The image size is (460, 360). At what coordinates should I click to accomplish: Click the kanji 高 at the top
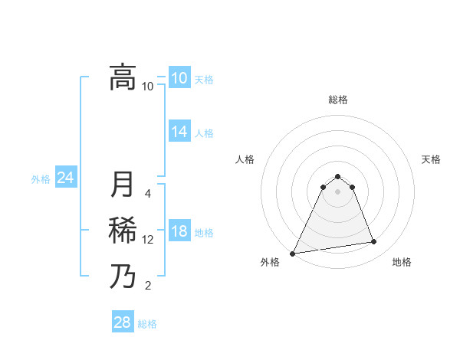(x=123, y=77)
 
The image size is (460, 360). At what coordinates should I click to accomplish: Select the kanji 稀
(x=123, y=231)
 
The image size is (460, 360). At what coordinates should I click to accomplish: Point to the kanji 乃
(x=123, y=277)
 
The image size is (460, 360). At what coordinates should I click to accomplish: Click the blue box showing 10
(x=179, y=78)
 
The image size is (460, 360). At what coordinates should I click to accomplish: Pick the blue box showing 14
(x=179, y=132)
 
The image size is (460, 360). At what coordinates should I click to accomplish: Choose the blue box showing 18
(x=179, y=232)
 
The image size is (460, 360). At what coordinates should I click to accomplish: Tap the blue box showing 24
(x=65, y=178)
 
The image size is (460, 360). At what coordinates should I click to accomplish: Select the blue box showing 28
(x=122, y=322)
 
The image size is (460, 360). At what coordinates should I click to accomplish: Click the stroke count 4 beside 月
(x=148, y=193)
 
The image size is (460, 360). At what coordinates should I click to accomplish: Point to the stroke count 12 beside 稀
(x=148, y=240)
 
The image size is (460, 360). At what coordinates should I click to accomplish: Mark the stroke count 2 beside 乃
(x=148, y=286)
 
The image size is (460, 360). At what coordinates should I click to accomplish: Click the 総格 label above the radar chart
(x=337, y=100)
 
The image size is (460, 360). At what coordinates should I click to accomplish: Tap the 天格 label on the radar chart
(x=432, y=159)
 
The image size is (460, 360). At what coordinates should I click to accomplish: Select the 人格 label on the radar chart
(x=245, y=159)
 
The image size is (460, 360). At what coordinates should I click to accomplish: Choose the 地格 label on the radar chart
(x=402, y=262)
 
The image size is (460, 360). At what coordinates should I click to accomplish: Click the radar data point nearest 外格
(x=293, y=253)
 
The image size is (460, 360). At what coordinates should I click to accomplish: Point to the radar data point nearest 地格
(x=374, y=242)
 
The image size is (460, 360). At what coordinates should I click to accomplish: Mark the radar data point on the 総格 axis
(x=337, y=176)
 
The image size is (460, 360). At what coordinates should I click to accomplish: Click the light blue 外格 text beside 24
(x=41, y=179)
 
